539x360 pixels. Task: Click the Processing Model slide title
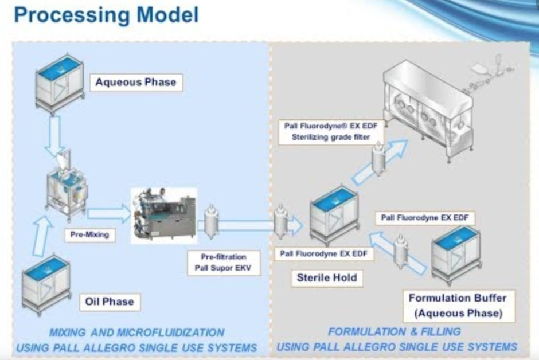pos(106,15)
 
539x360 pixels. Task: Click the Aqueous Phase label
pos(136,82)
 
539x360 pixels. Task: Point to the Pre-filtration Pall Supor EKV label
pos(224,263)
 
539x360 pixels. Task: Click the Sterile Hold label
pos(326,278)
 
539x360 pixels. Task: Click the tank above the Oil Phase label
pos(46,283)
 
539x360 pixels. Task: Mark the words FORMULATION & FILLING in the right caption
pos(394,331)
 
